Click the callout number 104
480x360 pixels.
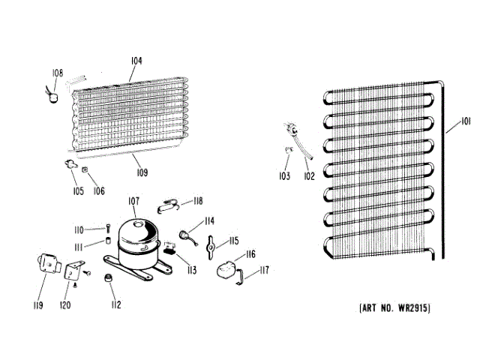pyautogui.click(x=136, y=61)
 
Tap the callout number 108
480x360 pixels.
pyautogui.click(x=57, y=73)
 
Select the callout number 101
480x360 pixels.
pyautogui.click(x=466, y=121)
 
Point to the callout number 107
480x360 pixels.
pyautogui.click(x=133, y=200)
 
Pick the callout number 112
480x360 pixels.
pyautogui.click(x=115, y=304)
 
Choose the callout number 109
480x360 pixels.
pyautogui.click(x=142, y=172)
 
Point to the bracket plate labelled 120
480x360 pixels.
pyautogui.click(x=74, y=271)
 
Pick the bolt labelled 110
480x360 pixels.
pyautogui.click(x=108, y=229)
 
